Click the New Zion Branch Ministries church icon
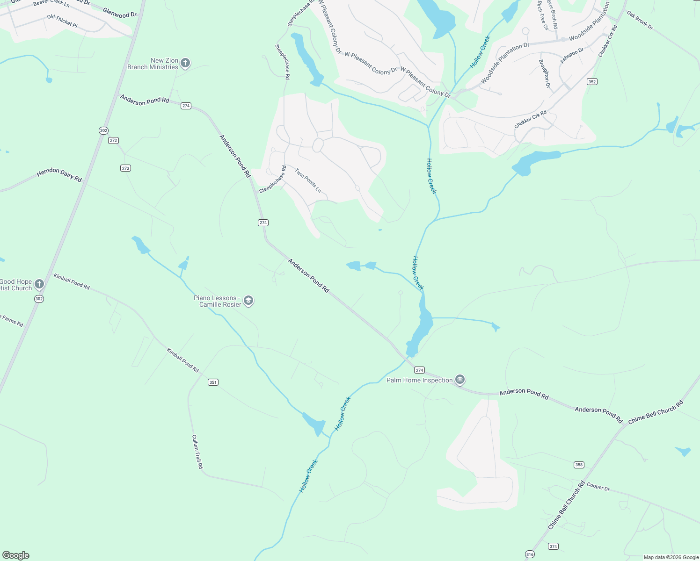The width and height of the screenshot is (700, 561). point(185,63)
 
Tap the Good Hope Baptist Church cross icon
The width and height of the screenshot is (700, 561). point(39,284)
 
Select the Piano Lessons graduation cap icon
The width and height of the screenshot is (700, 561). point(248,301)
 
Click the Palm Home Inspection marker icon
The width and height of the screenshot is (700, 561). point(460,380)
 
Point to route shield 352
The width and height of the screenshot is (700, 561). point(592,82)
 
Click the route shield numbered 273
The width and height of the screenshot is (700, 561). point(125,168)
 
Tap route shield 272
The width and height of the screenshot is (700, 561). point(113,140)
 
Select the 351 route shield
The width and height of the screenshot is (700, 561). point(213,382)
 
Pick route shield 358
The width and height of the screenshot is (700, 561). point(579,465)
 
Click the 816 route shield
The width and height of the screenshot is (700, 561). point(530,554)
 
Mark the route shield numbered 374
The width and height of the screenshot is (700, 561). point(554,547)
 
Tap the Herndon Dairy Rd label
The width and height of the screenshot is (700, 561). point(59,175)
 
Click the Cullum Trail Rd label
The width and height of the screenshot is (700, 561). point(197,452)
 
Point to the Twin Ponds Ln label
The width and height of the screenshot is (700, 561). point(308,180)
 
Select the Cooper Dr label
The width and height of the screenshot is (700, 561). point(598,487)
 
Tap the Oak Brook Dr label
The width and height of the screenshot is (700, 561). point(640,21)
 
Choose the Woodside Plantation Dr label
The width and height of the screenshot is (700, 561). point(505,63)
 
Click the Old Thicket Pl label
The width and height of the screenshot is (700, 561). point(62,21)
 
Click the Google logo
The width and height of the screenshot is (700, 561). point(15,555)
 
